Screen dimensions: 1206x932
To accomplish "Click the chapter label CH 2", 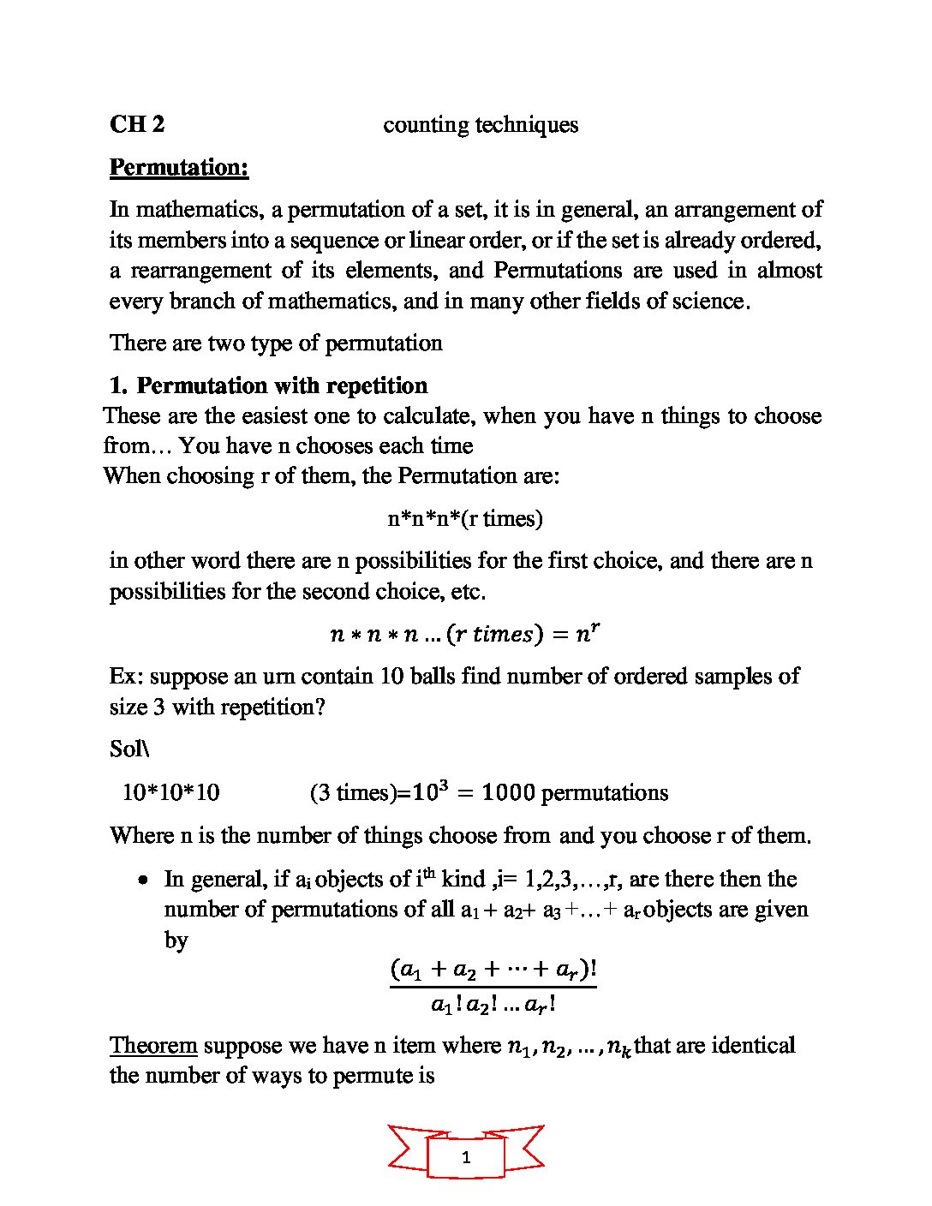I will click(137, 124).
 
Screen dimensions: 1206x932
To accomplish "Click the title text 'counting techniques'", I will click(480, 125).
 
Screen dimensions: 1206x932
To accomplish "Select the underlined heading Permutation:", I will click(179, 167).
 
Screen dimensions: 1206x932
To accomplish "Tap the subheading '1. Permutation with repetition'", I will click(269, 385).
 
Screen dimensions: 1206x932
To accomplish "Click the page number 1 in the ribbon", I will click(466, 1158).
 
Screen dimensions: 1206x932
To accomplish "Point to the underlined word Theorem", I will click(153, 1046).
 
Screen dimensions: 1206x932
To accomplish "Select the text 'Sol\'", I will click(129, 749).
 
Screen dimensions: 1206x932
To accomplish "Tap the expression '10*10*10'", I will click(170, 792).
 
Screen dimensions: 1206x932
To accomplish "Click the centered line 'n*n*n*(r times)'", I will click(465, 518).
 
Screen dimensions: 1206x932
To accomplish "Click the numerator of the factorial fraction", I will click(493, 970).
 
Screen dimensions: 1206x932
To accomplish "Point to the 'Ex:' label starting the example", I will click(127, 677).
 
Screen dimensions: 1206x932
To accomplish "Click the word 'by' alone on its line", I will click(176, 940).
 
